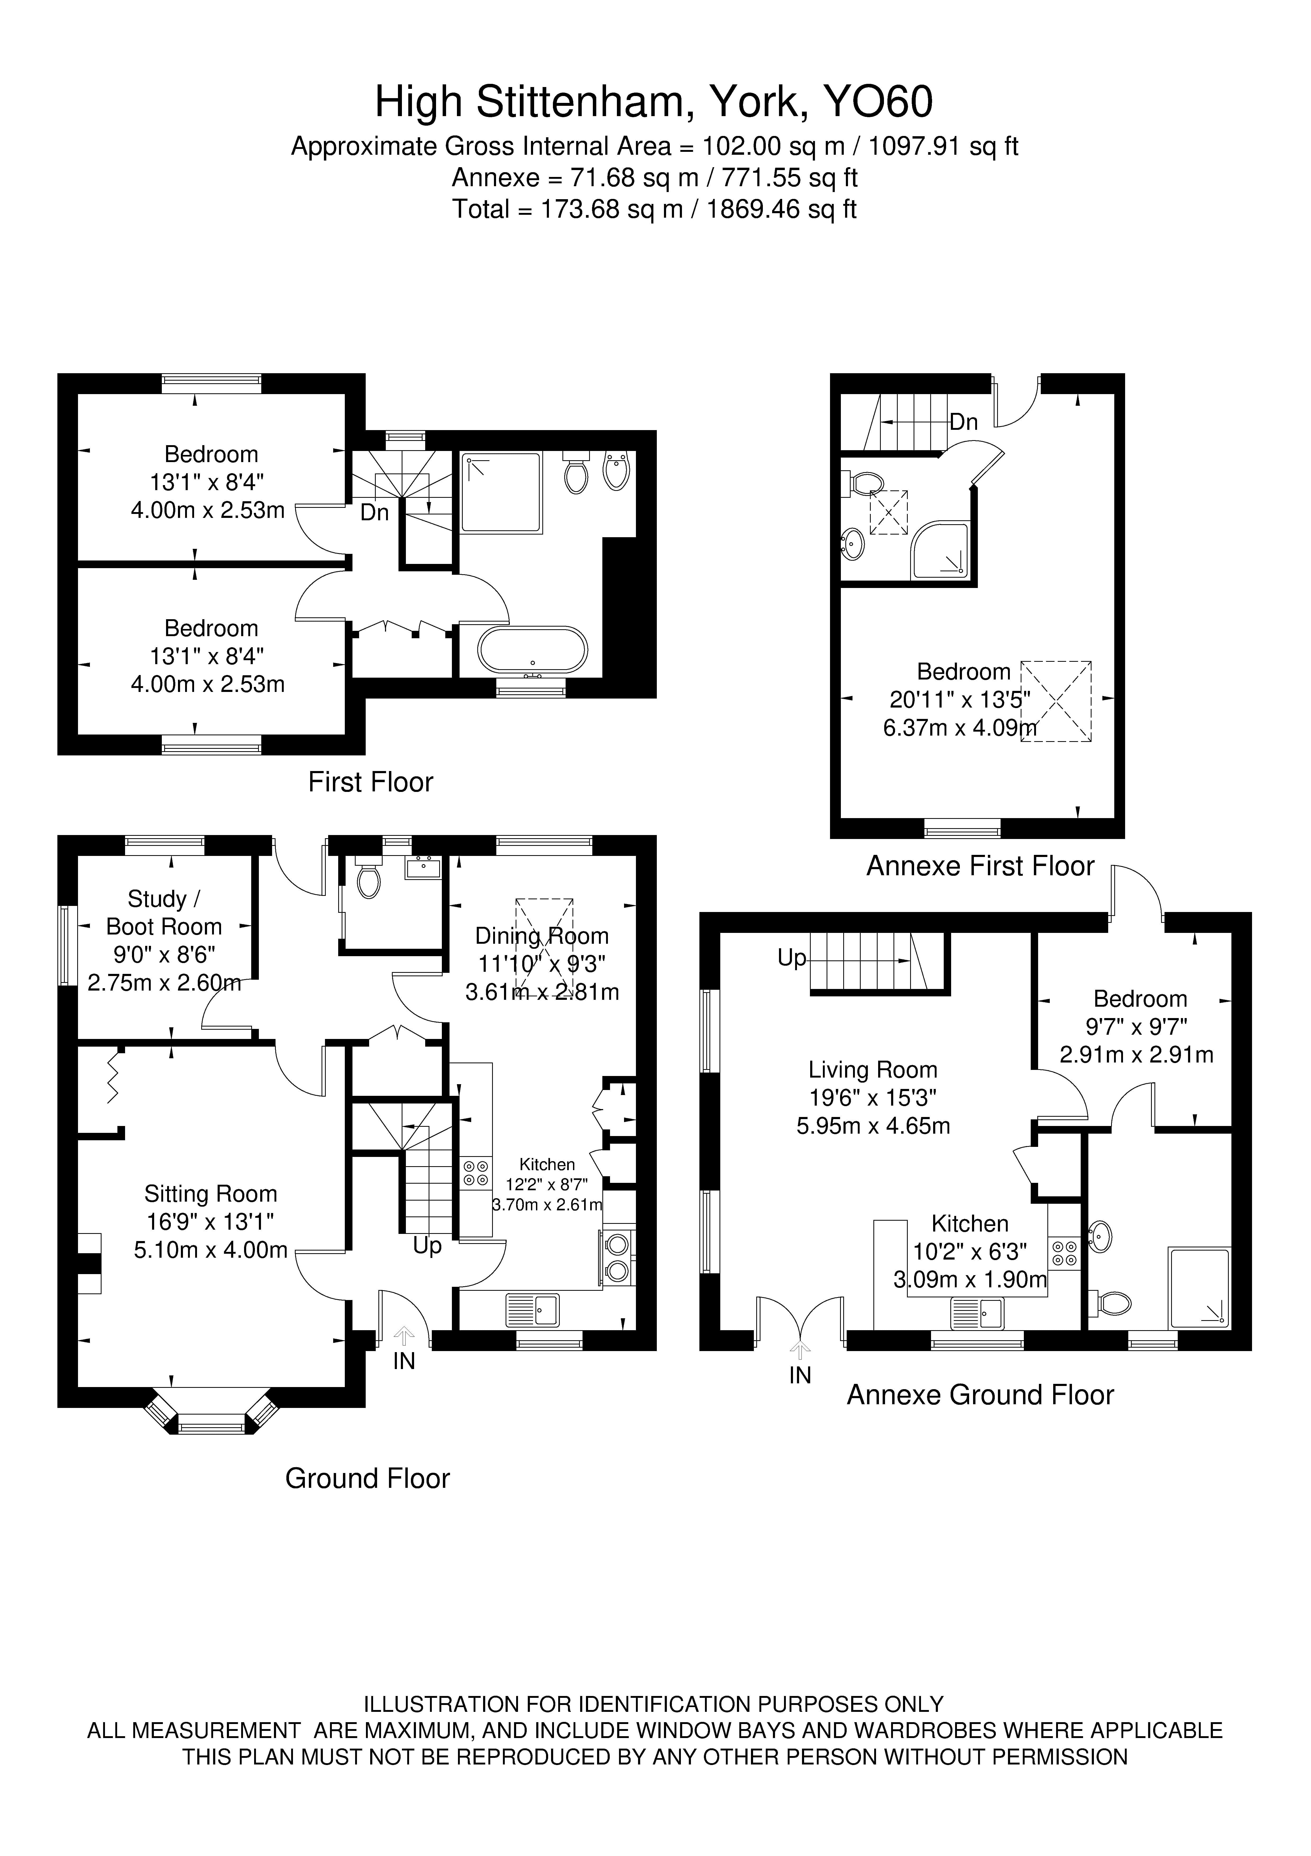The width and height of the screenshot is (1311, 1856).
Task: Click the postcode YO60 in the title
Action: click(x=877, y=103)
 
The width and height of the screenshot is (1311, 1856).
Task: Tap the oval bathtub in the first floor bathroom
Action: click(x=533, y=650)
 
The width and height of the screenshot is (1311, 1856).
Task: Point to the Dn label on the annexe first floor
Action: click(x=964, y=422)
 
